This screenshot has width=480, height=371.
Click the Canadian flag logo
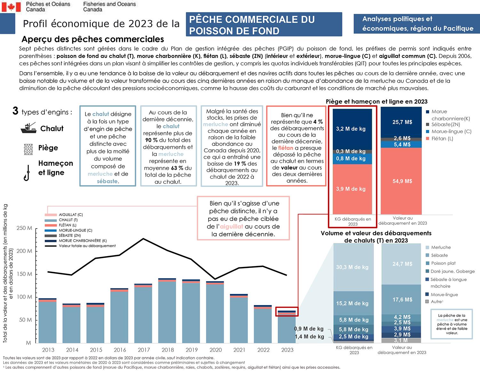(x=11, y=6)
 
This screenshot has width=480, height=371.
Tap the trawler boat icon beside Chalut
(x=28, y=128)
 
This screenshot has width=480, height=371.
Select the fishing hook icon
(x=27, y=173)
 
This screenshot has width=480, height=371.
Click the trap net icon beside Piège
(x=28, y=149)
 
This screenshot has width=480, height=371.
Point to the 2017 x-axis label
(x=144, y=350)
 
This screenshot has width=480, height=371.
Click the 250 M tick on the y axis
(x=24, y=228)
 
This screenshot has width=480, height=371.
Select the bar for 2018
(x=167, y=311)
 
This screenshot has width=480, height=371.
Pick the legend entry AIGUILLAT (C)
(x=71, y=214)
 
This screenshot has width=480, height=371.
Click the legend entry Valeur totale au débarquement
(x=87, y=246)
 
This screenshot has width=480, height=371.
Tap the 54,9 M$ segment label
(x=402, y=181)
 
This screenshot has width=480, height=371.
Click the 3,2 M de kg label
(x=351, y=129)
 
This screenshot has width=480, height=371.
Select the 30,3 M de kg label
(x=352, y=267)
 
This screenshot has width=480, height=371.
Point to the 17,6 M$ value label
(x=402, y=300)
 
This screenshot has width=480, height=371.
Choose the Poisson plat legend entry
(x=443, y=263)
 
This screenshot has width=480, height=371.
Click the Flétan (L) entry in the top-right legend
(x=442, y=138)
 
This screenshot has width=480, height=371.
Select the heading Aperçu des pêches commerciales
(x=93, y=39)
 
